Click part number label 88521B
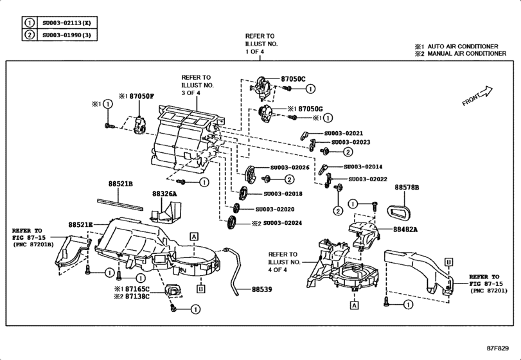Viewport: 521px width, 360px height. click(120, 183)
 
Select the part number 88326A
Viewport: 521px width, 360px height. click(164, 193)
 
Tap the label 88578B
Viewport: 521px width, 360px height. click(407, 187)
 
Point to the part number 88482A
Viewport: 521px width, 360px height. click(405, 228)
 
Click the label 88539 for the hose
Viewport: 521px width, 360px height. click(262, 290)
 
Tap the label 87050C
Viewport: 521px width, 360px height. click(295, 78)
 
